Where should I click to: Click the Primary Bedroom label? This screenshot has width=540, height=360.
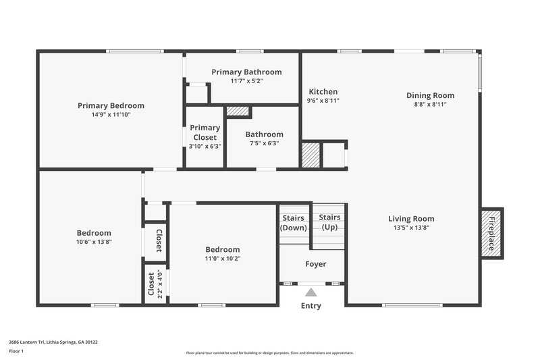click(111, 105)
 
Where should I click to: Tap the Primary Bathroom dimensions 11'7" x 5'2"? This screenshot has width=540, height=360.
click(246, 81)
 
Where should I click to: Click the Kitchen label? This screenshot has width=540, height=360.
click(323, 92)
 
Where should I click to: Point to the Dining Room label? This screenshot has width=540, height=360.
click(430, 95)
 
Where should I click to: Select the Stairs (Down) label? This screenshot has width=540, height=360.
click(293, 223)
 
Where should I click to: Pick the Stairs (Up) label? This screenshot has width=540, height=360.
click(329, 222)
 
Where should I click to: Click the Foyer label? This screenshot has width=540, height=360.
click(316, 264)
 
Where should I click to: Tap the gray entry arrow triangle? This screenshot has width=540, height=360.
click(310, 292)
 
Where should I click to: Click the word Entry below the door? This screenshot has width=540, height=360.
click(310, 306)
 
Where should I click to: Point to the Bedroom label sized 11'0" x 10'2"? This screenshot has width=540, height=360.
click(223, 249)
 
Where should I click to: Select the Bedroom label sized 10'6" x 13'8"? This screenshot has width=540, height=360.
click(94, 233)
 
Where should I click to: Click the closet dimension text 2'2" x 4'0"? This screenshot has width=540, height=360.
click(159, 284)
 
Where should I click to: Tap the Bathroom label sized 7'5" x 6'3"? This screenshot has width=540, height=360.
click(264, 134)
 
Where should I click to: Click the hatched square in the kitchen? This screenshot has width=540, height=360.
click(310, 155)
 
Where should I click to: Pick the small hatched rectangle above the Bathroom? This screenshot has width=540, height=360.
click(238, 111)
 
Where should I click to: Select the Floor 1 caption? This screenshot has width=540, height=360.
click(16, 351)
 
